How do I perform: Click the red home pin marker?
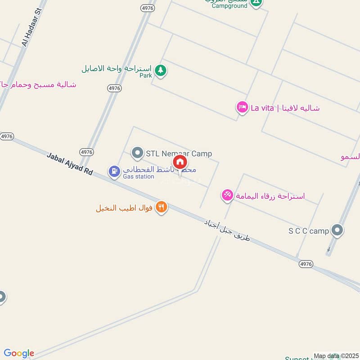(180, 162)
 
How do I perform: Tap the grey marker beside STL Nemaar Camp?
(137, 153)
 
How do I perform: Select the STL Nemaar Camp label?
(179, 154)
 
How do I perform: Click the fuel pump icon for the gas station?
(114, 171)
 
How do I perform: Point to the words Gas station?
(139, 177)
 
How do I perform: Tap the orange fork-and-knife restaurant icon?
(162, 207)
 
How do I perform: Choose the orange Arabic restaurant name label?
(125, 208)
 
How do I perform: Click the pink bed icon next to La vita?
(242, 108)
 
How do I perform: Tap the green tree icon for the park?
(160, 70)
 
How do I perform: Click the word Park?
(146, 76)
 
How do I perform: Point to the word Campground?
(229, 5)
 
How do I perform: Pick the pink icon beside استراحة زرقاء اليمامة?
(227, 195)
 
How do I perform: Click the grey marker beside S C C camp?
(337, 231)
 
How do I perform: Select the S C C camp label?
(309, 231)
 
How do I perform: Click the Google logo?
(19, 353)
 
